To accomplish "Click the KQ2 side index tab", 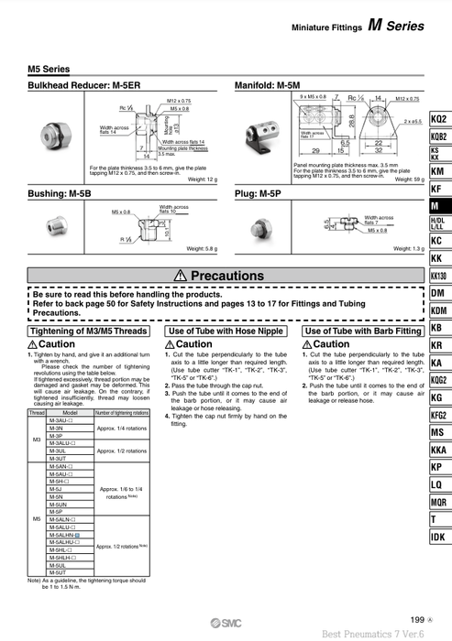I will coord(438,119).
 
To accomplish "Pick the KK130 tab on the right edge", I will coord(438,276).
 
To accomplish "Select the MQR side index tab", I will coord(438,502).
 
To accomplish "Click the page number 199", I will coord(417,620).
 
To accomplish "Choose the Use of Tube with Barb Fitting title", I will coord(363,331).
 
